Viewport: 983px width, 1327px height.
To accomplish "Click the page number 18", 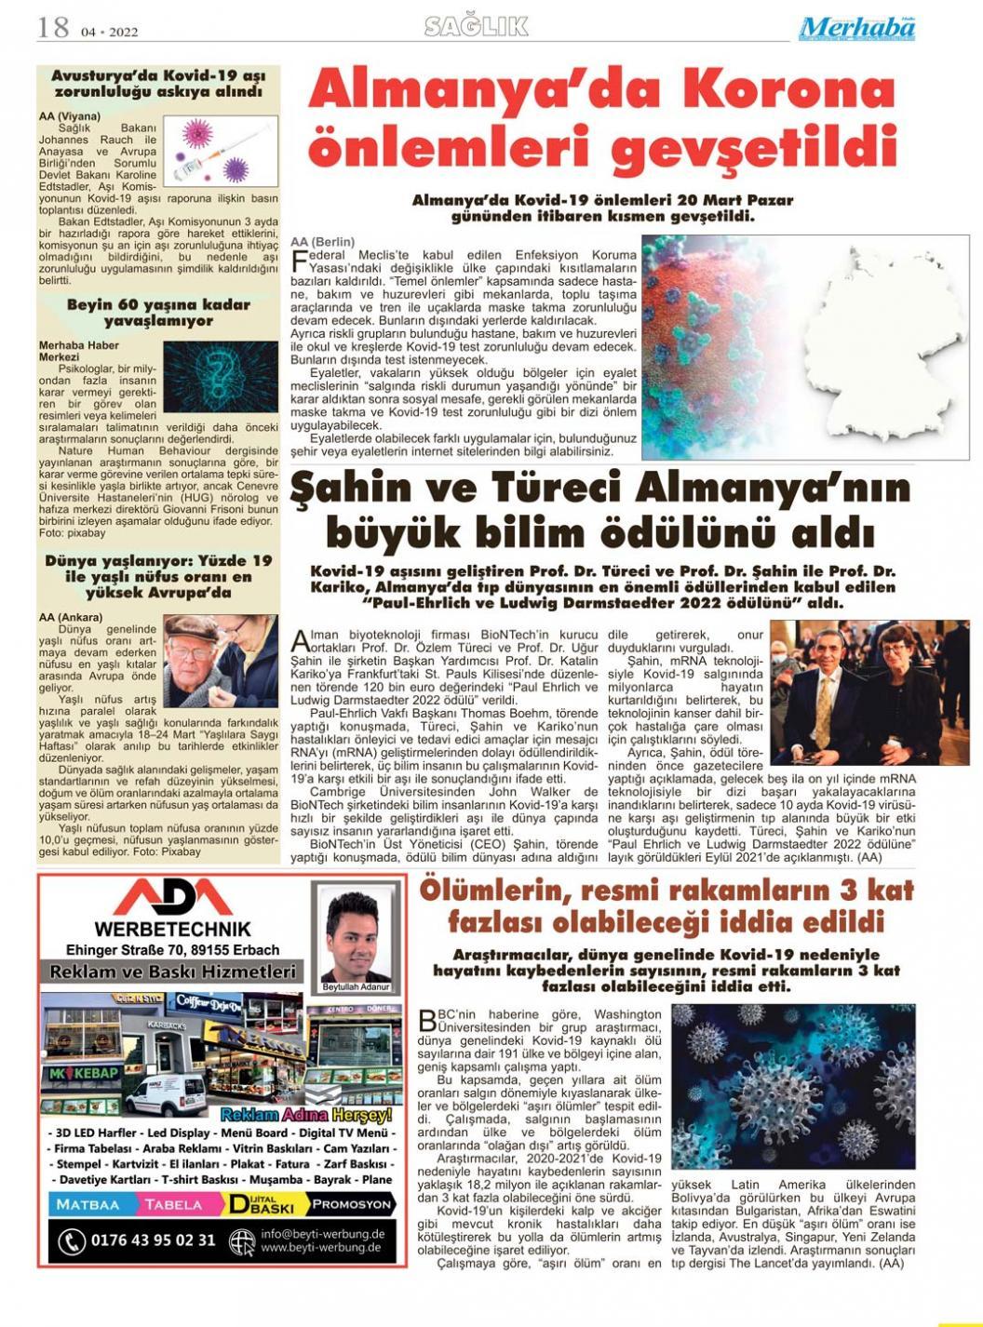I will (53, 27).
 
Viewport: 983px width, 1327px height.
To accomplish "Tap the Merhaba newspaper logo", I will (856, 29).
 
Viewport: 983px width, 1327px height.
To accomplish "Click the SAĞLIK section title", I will (476, 27).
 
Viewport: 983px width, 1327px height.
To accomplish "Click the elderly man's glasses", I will (193, 652).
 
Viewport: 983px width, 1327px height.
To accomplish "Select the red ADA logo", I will (172, 897).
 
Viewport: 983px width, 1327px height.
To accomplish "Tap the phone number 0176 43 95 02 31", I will (153, 1240).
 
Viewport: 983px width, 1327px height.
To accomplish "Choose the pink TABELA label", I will (173, 1204).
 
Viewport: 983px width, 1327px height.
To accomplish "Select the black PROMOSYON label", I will (351, 1204).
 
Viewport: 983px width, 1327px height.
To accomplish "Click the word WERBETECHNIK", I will (172, 929).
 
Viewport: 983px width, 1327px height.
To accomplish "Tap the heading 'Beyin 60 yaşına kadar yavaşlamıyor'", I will (158, 313).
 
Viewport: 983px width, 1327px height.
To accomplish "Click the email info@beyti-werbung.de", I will (322, 1233).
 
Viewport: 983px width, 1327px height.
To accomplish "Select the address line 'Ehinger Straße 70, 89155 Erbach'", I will (172, 950).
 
